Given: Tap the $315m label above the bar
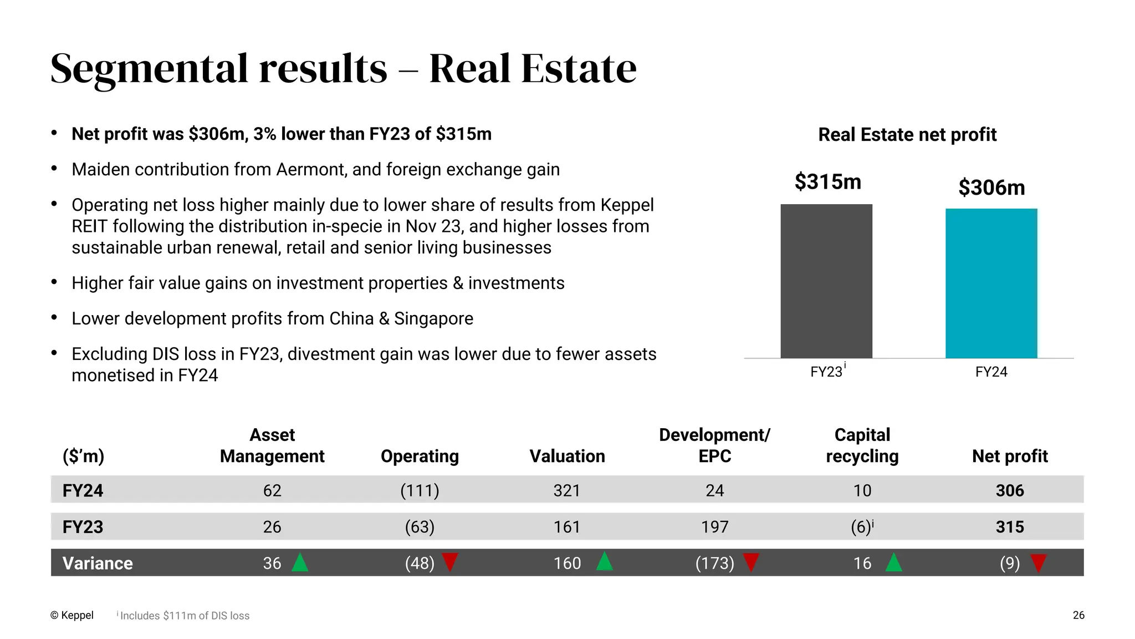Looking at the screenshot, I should coord(827,181).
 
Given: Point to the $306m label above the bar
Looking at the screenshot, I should coord(991,187).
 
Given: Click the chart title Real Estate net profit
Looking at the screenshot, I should coord(907,134).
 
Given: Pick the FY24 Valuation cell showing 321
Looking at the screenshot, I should coord(566,490).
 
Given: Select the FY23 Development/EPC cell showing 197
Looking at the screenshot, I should coord(714,526).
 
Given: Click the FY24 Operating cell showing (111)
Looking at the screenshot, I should coord(420,490).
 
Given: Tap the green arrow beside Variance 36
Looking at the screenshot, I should coord(300,562).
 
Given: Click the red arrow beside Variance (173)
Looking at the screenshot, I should coord(751,562).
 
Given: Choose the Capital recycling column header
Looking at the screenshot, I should coord(862,445).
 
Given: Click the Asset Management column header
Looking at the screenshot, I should coord(272,445).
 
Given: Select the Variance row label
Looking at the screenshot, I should coord(98,563).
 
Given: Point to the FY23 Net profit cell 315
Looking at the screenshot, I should coord(1009,526).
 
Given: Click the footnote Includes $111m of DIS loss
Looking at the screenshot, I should coord(184,616).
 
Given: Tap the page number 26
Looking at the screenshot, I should coord(1078,615).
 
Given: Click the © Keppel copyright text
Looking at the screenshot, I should coord(71,615).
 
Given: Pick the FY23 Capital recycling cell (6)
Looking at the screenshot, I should coord(861,526).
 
